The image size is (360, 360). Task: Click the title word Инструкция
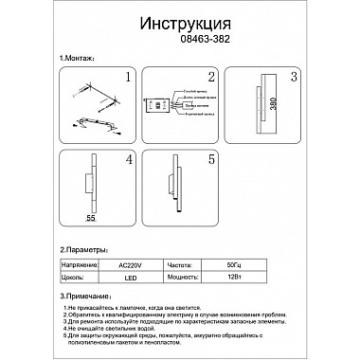pyautogui.click(x=179, y=22)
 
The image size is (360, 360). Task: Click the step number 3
pyautogui.click(x=295, y=77)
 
